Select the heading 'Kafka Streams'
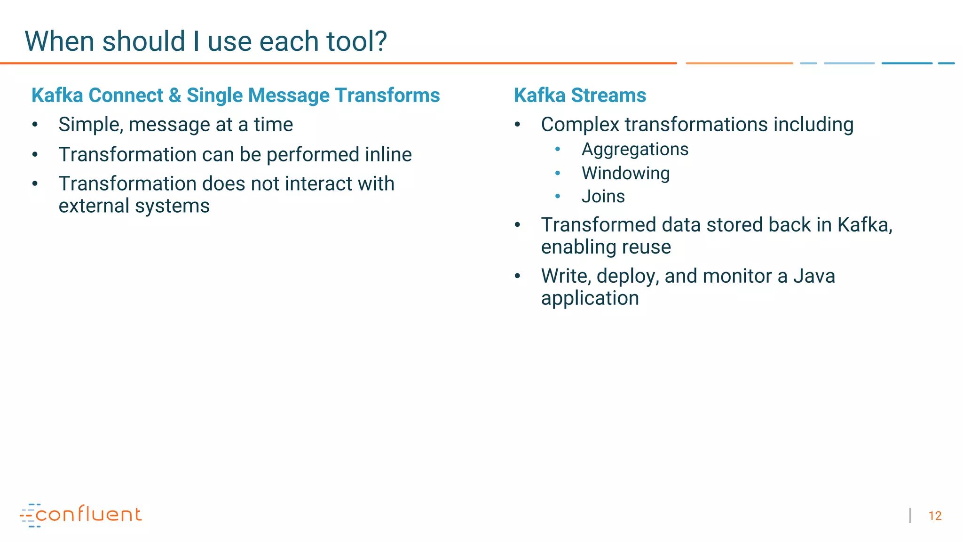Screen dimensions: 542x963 click(580, 96)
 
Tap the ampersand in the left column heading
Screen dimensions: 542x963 click(175, 96)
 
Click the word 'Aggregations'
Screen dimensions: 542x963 click(635, 150)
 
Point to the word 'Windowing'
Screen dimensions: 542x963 click(625, 174)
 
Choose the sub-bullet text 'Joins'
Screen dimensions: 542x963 click(603, 197)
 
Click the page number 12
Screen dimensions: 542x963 click(935, 516)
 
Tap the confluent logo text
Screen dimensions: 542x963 click(88, 515)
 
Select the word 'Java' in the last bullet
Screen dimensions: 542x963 click(814, 276)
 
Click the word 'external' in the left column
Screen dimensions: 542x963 click(94, 206)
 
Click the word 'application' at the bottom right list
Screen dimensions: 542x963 click(590, 298)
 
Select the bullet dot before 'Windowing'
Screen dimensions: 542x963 click(558, 174)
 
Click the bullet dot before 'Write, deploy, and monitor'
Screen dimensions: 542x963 click(517, 276)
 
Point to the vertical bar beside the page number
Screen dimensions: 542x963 click(910, 516)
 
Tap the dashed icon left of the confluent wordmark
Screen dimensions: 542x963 click(28, 515)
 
